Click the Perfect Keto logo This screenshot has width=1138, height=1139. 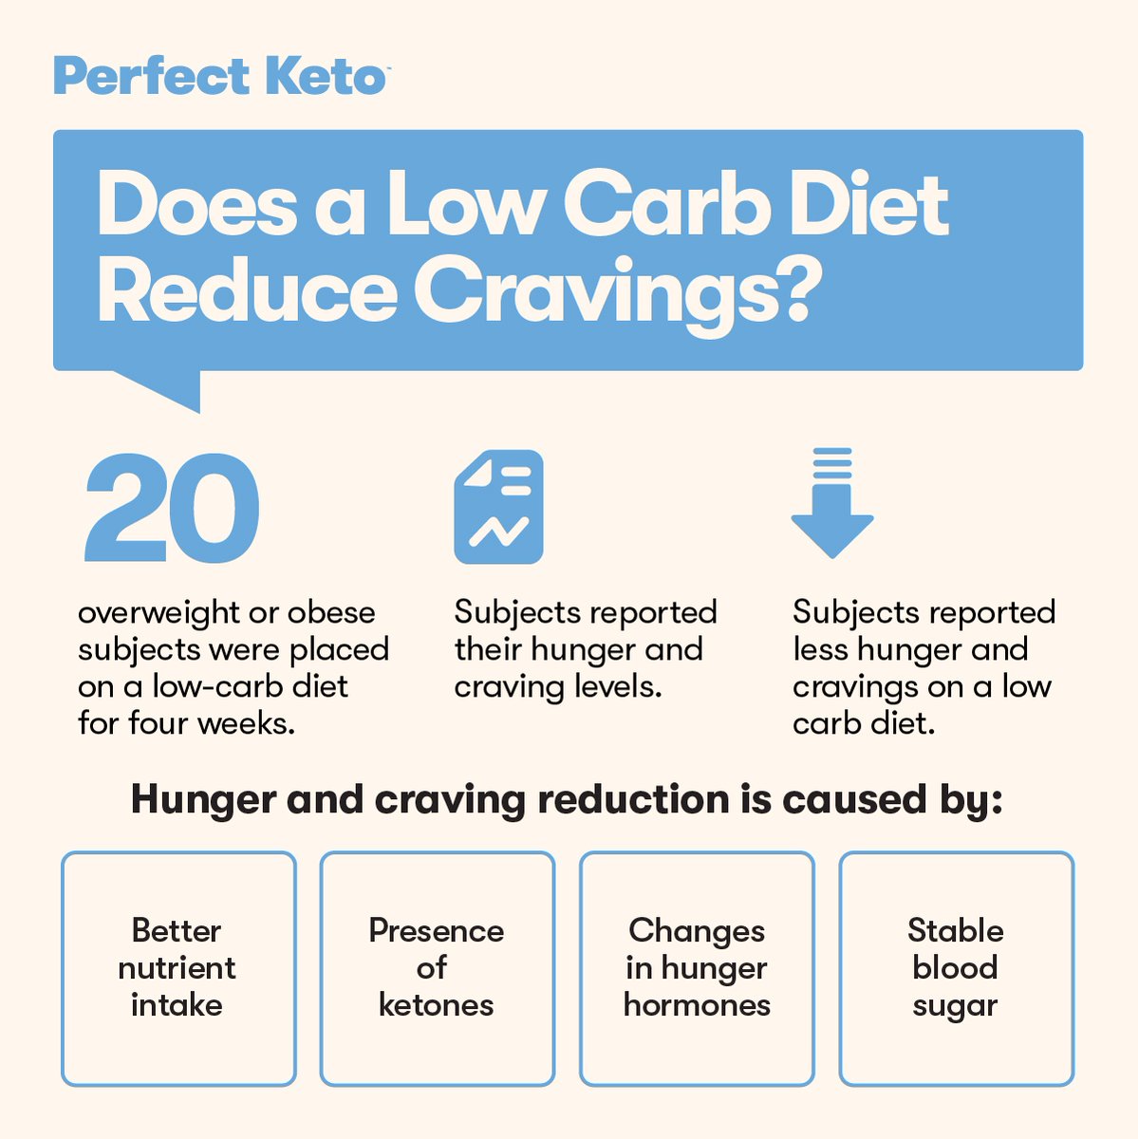(220, 76)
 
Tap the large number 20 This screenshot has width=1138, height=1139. (172, 509)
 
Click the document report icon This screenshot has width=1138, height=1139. (498, 507)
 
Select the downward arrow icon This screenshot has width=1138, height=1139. (832, 503)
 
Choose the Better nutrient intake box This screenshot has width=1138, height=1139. (178, 968)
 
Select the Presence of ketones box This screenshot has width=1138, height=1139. (437, 968)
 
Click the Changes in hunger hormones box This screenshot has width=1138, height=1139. (697, 968)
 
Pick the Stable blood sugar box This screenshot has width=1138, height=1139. (956, 968)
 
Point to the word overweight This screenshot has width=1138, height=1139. (159, 612)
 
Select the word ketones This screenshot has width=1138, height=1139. (436, 1005)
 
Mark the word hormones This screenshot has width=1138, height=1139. (697, 1005)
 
